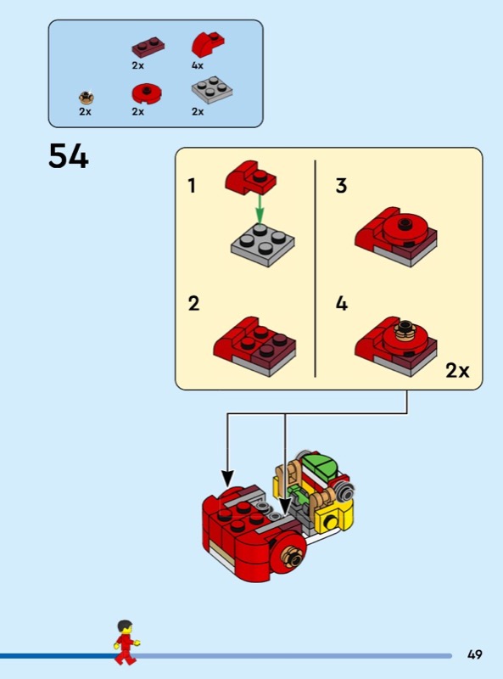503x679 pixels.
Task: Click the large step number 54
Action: tap(69, 156)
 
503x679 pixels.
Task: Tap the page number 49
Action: tap(474, 654)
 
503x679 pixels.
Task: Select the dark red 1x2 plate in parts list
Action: tap(148, 47)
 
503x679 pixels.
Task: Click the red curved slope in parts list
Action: tap(208, 45)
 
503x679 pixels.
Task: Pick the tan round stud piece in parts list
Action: tap(87, 97)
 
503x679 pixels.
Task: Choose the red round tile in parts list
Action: tap(147, 93)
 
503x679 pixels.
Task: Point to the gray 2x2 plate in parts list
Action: tap(212, 90)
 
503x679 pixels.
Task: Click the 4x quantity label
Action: tap(198, 65)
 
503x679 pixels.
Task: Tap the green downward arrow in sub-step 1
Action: tap(260, 210)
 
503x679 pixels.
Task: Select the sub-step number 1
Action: tap(192, 186)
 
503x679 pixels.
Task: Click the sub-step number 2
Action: tap(193, 304)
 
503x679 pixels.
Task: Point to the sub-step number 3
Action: tap(341, 186)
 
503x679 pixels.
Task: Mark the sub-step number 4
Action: tap(342, 304)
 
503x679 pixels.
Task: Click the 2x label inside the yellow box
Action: tap(457, 371)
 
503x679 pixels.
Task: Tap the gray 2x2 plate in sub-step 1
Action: tap(263, 244)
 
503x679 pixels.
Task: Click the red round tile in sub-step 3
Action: tap(405, 229)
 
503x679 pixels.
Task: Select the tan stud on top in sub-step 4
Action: tap(405, 330)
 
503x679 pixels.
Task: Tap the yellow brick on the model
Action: tap(333, 518)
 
